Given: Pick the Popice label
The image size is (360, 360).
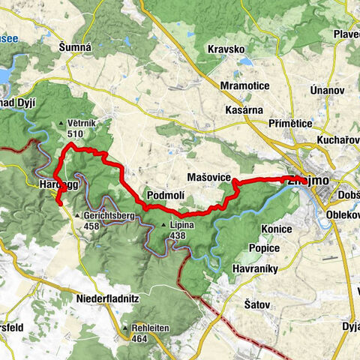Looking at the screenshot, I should (x=264, y=247).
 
